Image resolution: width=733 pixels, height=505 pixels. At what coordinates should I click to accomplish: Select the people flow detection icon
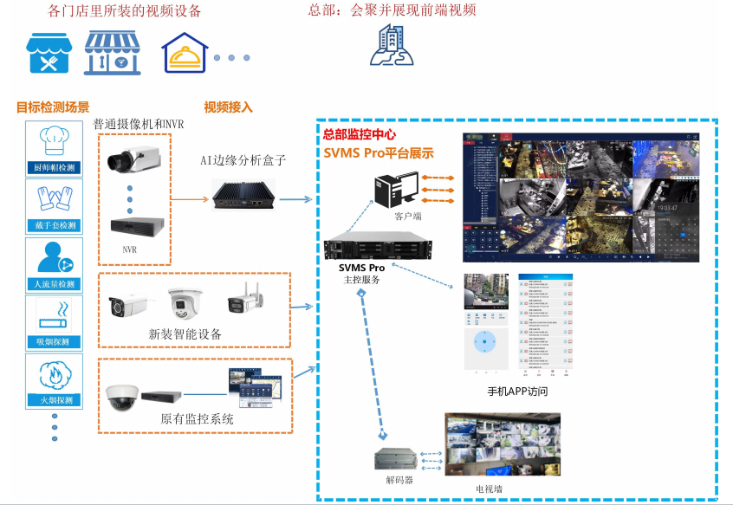pos(54,258)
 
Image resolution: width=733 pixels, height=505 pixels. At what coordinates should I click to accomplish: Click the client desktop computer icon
pos(394,191)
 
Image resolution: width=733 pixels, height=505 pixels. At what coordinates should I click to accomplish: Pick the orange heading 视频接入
pos(228,107)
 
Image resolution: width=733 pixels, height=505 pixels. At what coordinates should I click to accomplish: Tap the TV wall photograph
pos(503,444)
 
